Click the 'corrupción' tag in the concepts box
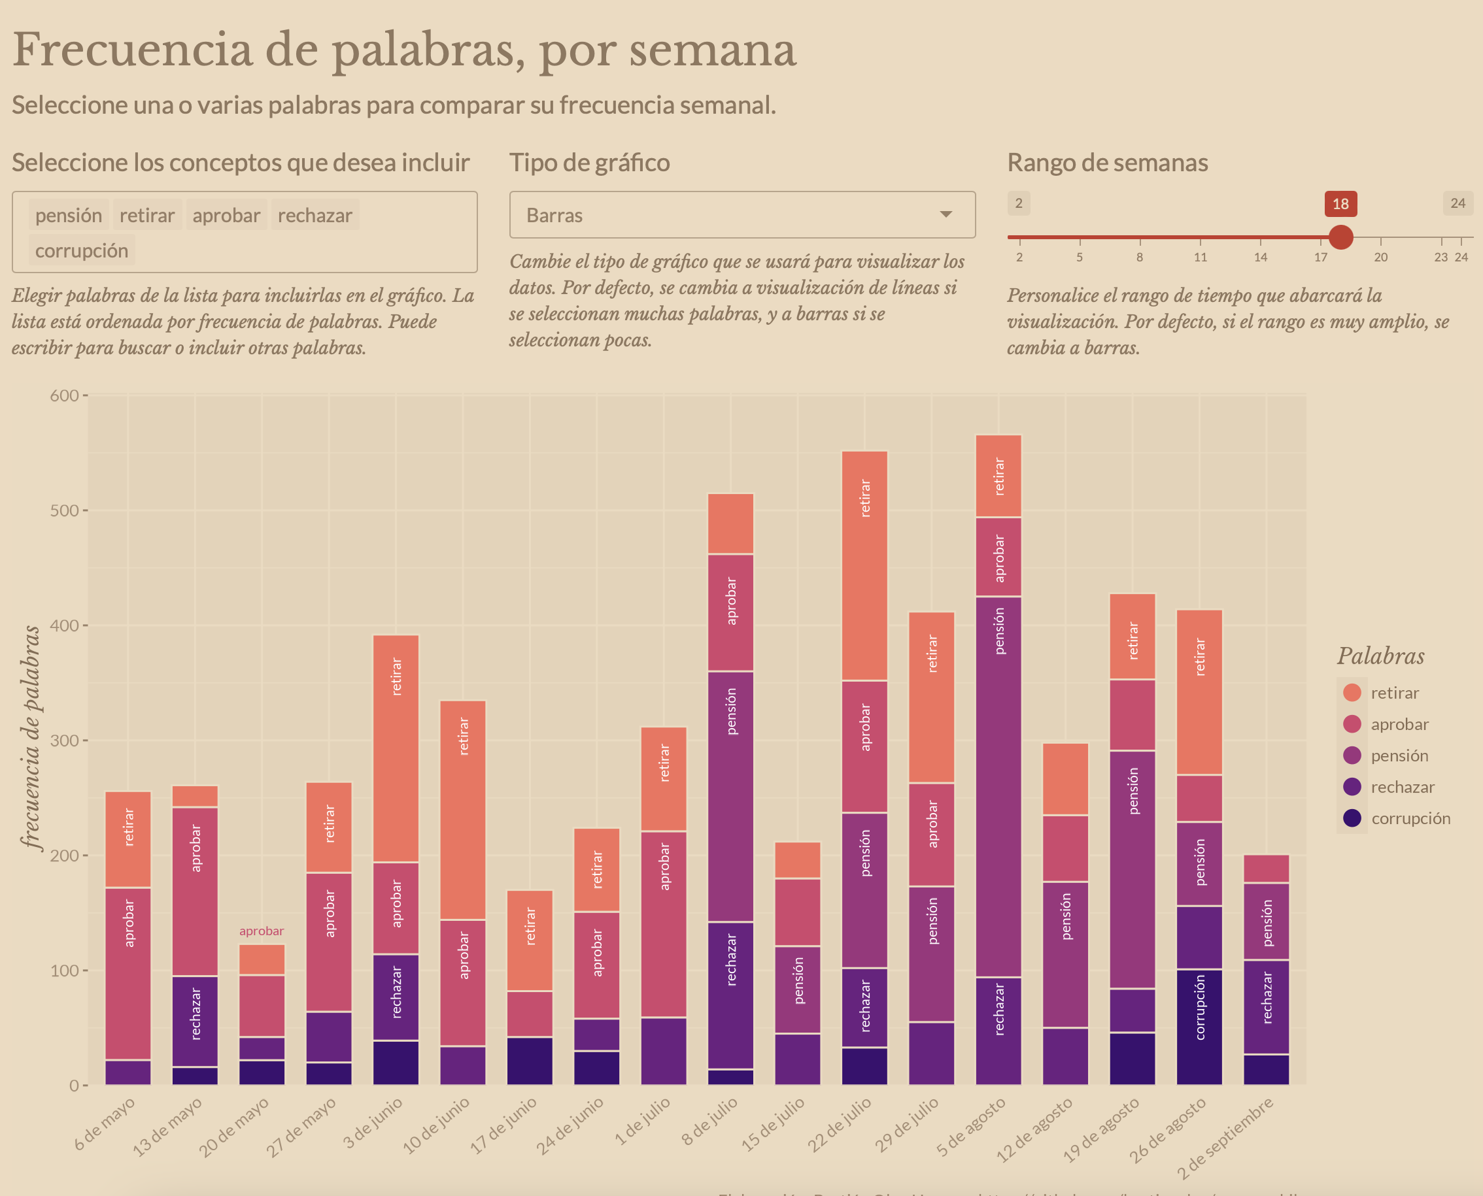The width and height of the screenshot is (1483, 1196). [x=81, y=251]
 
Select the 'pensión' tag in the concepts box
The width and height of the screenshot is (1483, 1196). [x=68, y=216]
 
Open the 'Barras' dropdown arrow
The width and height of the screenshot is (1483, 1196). [x=946, y=215]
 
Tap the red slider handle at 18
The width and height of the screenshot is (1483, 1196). [x=1340, y=237]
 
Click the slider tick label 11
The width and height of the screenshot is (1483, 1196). [x=1200, y=257]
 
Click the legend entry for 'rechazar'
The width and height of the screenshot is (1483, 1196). [x=1402, y=787]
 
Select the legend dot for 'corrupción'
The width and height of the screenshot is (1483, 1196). [x=1352, y=818]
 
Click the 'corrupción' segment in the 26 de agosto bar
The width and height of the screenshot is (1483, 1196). [x=1199, y=1027]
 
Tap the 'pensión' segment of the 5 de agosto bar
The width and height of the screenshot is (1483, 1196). [x=998, y=786]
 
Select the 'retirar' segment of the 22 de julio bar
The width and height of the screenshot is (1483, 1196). [x=865, y=565]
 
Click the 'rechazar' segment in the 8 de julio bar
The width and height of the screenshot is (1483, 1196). [x=730, y=995]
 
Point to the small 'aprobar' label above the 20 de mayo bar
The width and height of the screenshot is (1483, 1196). [x=261, y=931]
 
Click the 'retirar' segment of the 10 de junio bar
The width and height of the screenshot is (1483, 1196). [x=463, y=810]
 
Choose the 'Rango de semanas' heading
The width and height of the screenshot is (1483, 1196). [x=1107, y=163]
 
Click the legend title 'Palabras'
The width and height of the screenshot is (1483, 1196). [x=1380, y=656]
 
